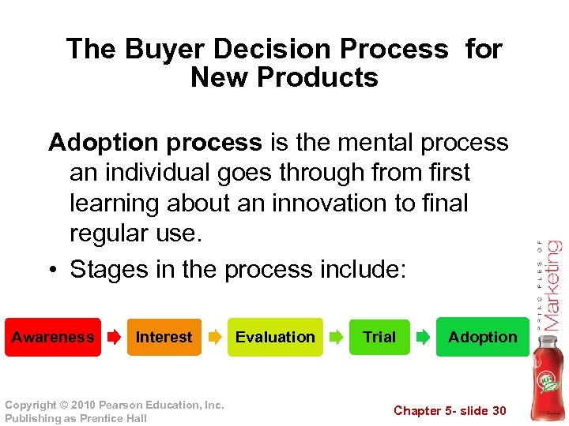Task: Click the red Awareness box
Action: pos(53,337)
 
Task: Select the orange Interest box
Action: pos(164,337)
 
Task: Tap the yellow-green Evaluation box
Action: pos(275,337)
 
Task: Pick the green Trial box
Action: pos(379,337)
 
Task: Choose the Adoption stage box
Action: pos(482,337)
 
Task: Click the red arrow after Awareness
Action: pos(114,338)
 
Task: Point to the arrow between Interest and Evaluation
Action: pos(215,338)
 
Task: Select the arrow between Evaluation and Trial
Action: pos(336,338)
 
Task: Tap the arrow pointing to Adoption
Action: pos(424,338)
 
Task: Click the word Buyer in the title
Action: pos(163,49)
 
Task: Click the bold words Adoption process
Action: pos(155,142)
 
